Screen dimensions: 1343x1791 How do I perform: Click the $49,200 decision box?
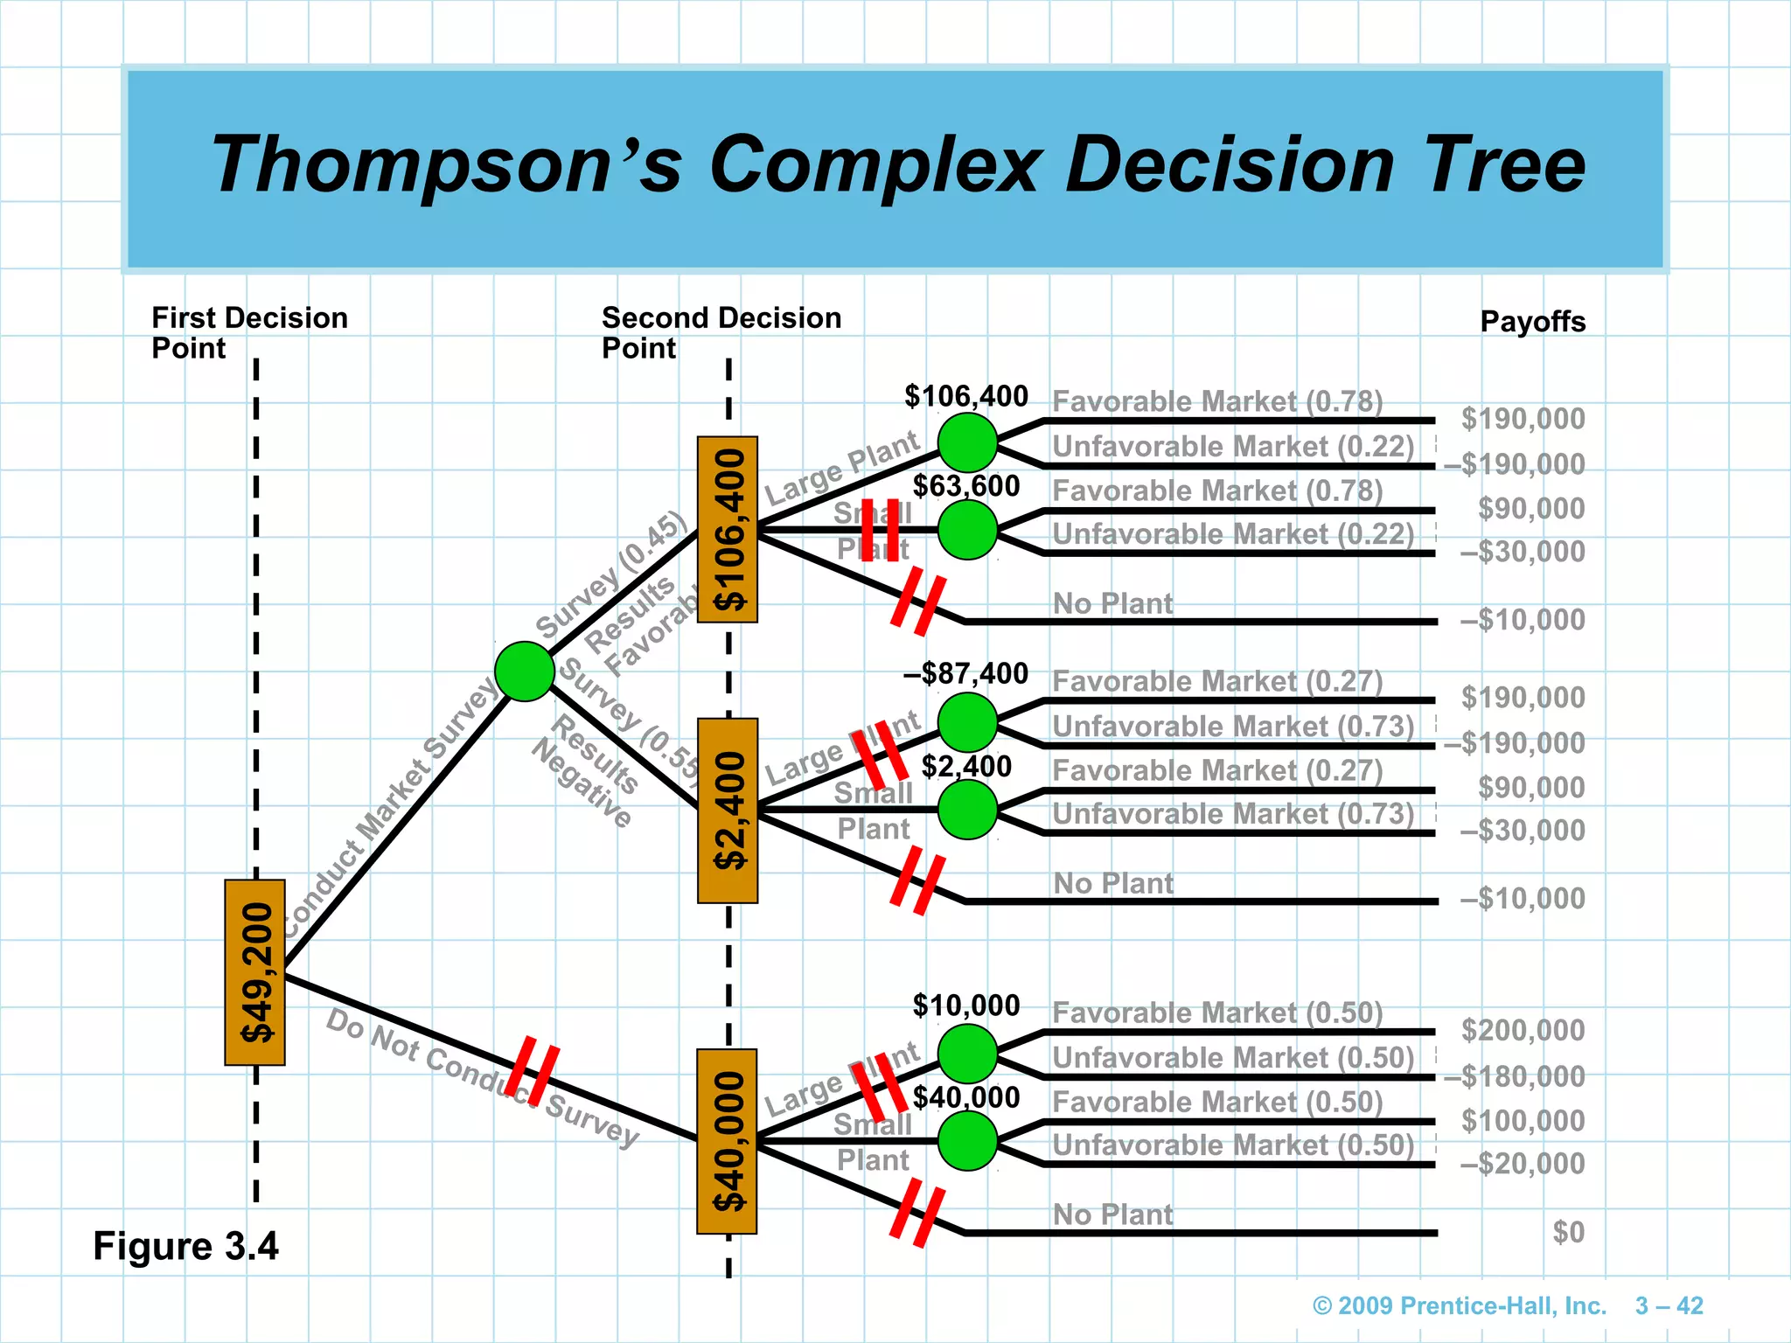pos(254,972)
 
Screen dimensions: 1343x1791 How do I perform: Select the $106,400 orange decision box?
pos(728,529)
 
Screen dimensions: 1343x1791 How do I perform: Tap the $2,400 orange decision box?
pos(728,811)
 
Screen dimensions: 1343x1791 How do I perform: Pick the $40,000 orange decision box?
pos(727,1141)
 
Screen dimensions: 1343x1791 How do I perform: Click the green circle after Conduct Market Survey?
pos(525,671)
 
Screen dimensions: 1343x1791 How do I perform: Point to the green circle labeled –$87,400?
pos(967,722)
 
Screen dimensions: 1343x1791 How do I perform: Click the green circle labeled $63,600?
pos(967,530)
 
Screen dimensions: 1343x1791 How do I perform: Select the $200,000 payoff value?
pos(1523,1030)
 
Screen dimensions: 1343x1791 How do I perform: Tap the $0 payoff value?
pos(1568,1232)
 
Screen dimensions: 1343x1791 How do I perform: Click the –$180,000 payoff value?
pos(1514,1075)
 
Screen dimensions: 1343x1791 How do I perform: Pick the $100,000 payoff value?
pos(1523,1120)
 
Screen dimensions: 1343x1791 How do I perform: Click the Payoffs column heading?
pos(1532,322)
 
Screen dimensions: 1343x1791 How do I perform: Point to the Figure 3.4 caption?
pos(185,1246)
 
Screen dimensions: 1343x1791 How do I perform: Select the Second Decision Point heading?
pos(721,332)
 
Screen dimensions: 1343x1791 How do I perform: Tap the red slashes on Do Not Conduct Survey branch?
pos(533,1070)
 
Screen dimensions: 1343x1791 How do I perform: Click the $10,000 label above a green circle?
pos(965,1006)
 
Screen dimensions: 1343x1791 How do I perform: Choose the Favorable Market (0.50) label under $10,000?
pos(1217,1012)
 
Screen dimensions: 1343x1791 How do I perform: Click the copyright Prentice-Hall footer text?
pos(1460,1305)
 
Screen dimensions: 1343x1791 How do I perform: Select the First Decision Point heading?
pos(249,332)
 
